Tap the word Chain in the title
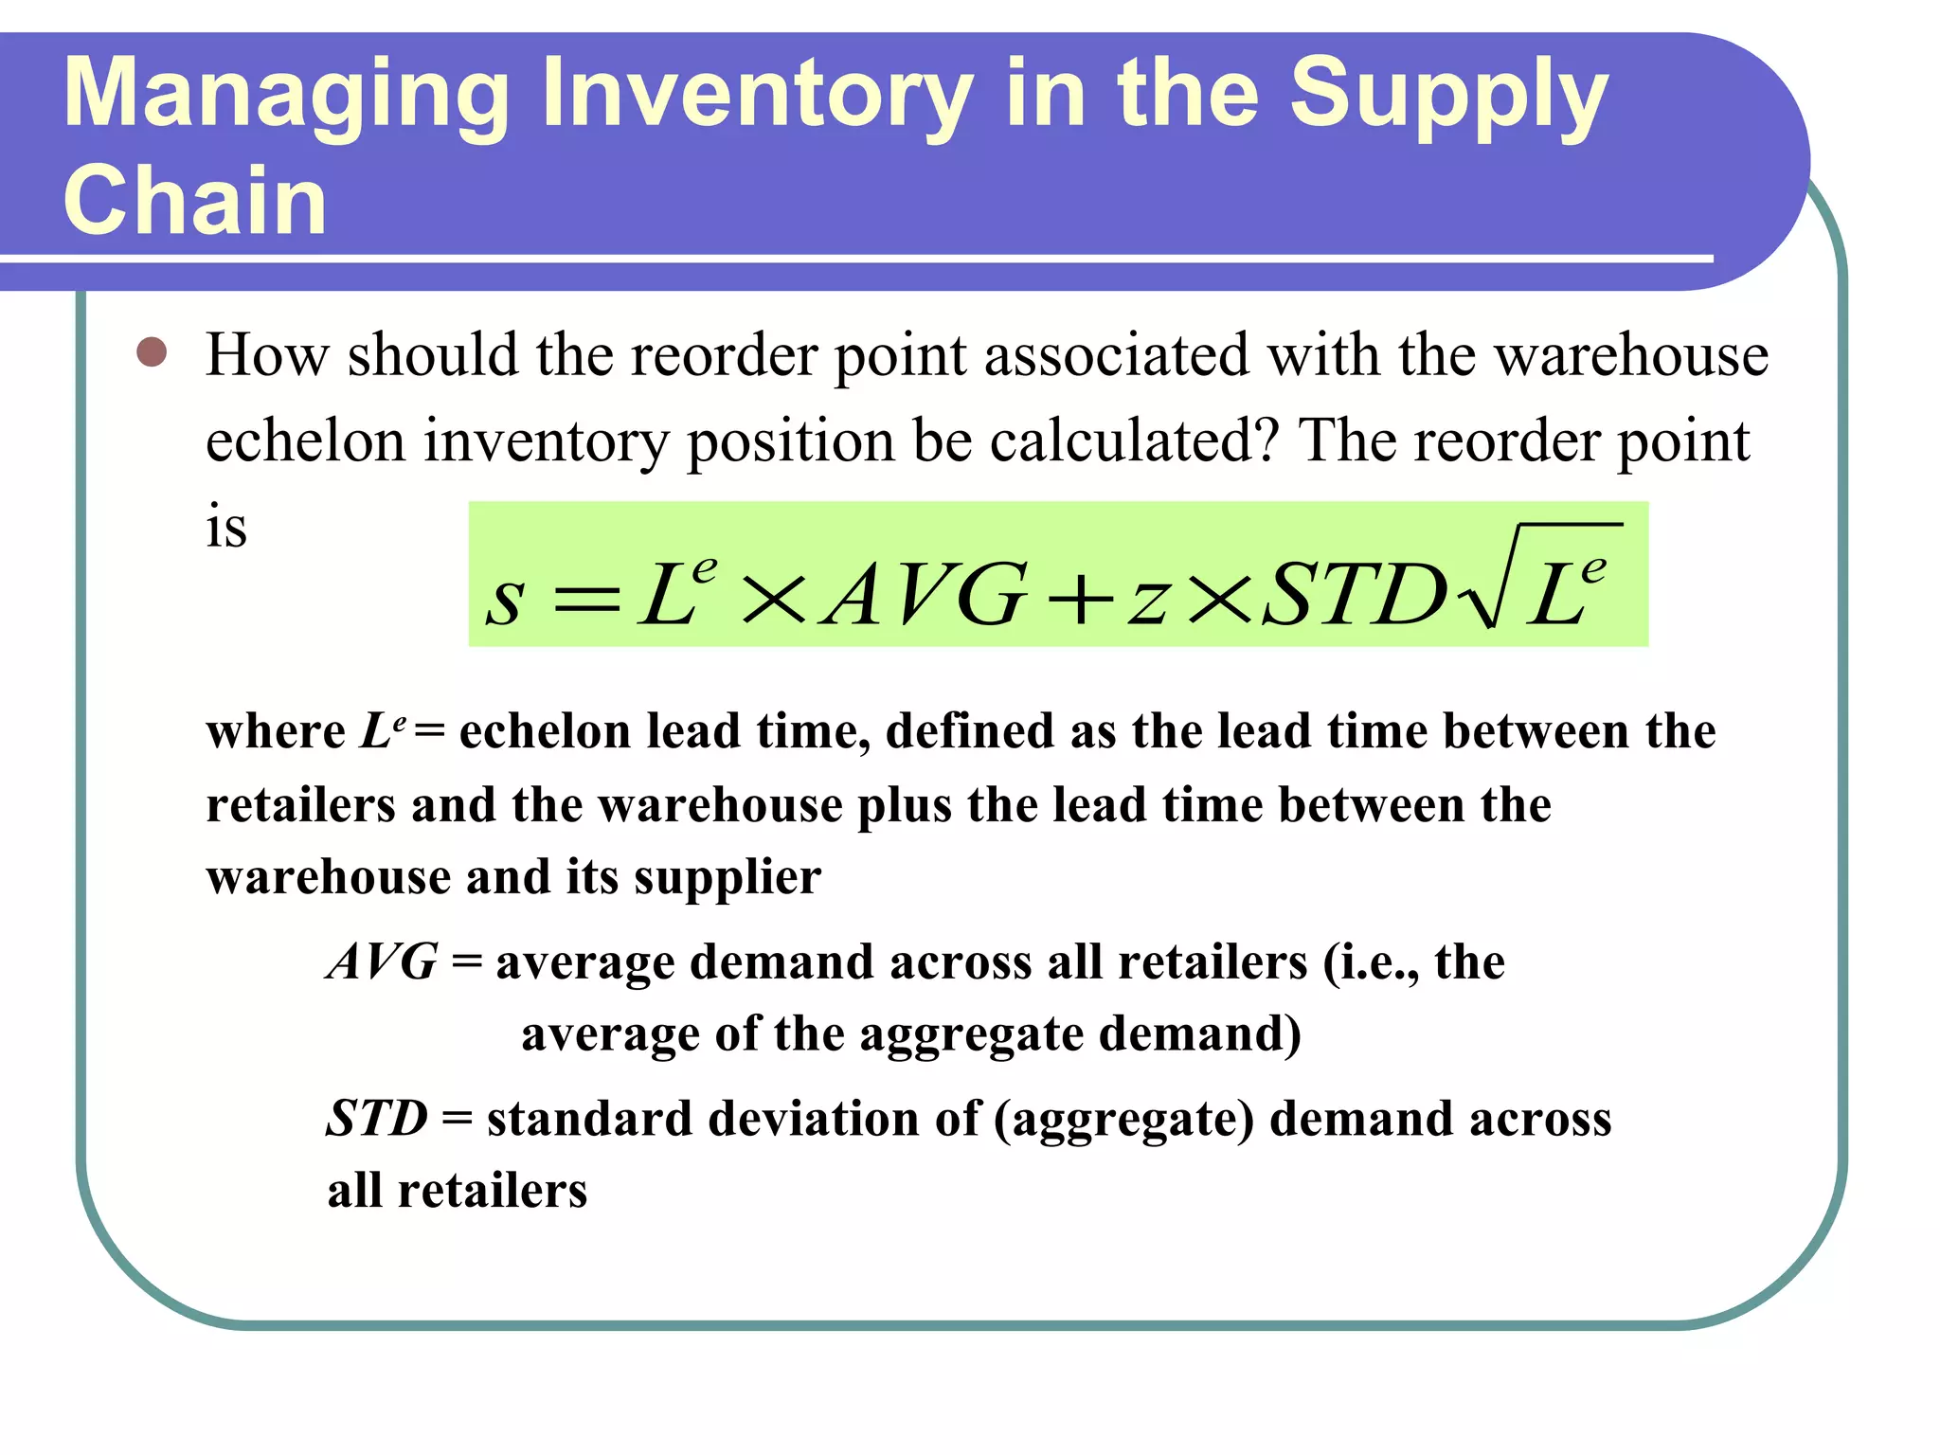click(x=195, y=200)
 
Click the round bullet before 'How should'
click(x=152, y=352)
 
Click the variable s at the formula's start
click(x=505, y=599)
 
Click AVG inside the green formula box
click(x=925, y=595)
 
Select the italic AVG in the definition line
click(x=383, y=961)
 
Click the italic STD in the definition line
click(x=377, y=1118)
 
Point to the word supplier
click(x=727, y=877)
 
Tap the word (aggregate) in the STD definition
click(x=1123, y=1120)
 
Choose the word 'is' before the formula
click(x=226, y=527)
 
